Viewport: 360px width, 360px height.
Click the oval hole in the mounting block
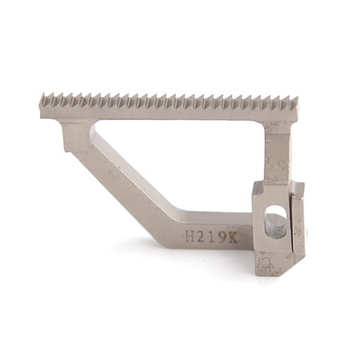pyautogui.click(x=276, y=221)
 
